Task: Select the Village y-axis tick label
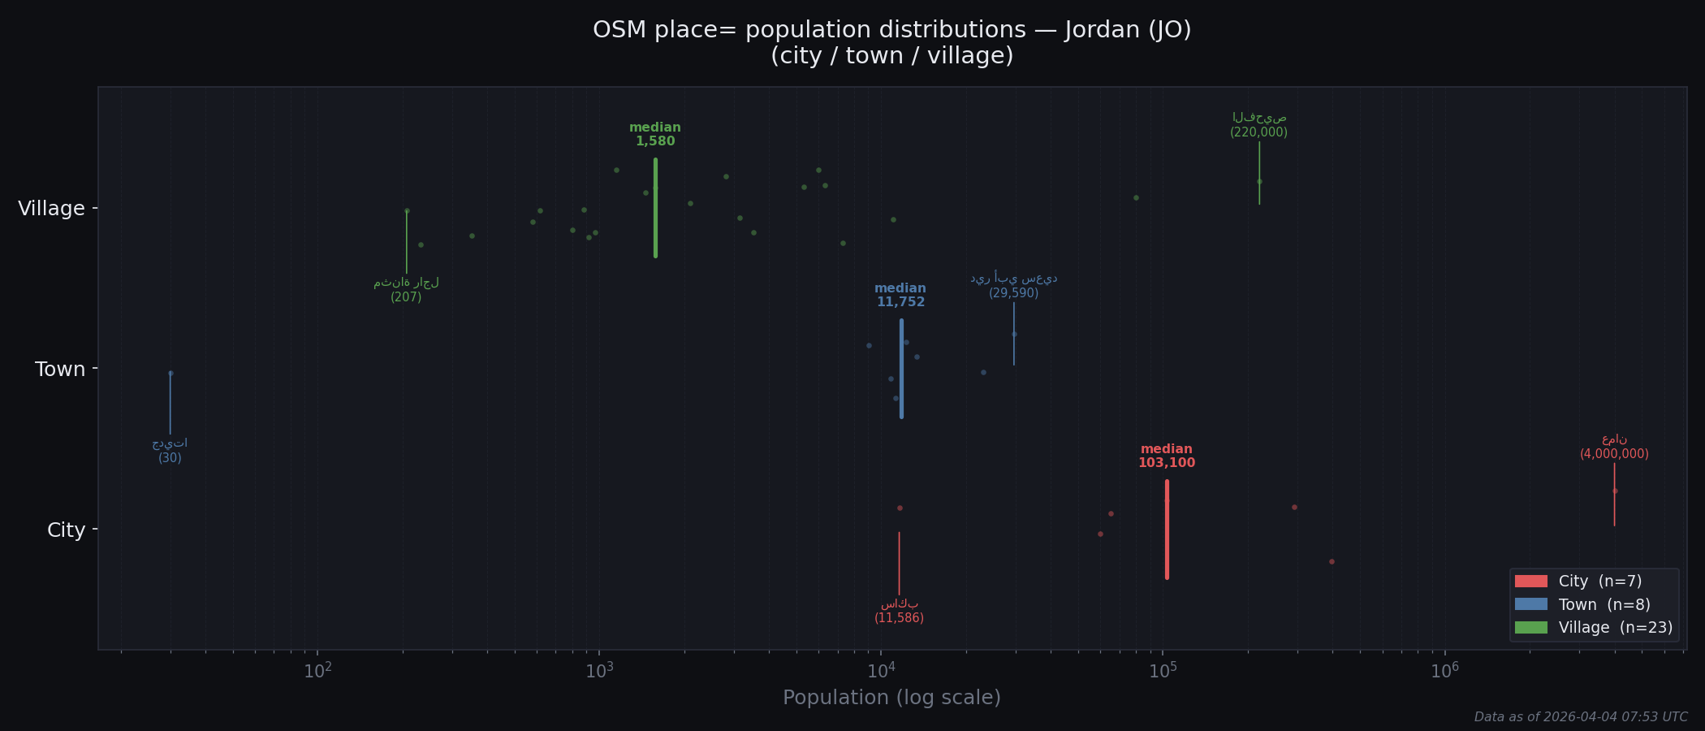pos(51,209)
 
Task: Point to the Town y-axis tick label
pos(60,370)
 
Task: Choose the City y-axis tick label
pos(66,530)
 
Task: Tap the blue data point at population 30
pos(170,374)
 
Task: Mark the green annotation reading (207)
pos(406,297)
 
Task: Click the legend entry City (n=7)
pos(1599,582)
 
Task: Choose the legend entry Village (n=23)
pos(1615,628)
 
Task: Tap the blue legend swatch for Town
pos(1530,605)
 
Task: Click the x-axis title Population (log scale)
pos(891,698)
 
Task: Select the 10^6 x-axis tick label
pos(1444,671)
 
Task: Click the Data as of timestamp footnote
pos(1580,717)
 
